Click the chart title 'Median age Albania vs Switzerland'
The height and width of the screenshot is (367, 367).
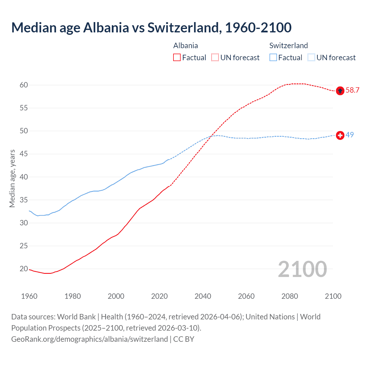click(x=151, y=28)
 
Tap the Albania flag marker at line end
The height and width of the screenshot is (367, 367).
click(x=340, y=91)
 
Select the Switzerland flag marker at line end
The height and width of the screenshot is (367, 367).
click(x=340, y=135)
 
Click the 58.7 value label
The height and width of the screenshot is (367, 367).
click(x=352, y=90)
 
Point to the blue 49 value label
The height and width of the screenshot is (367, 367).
click(x=350, y=135)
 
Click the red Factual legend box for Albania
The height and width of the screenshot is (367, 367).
click(x=177, y=58)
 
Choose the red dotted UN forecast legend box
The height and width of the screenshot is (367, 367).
click(x=215, y=58)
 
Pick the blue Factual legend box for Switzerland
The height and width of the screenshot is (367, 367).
click(x=273, y=58)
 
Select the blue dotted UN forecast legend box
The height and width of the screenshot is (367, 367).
click(x=311, y=58)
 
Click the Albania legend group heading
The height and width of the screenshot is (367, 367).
click(x=186, y=46)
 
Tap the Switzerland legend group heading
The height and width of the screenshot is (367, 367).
click(x=288, y=46)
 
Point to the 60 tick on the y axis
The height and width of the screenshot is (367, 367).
click(x=24, y=85)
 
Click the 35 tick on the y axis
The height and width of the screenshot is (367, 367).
click(x=24, y=200)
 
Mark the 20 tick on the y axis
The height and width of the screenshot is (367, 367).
click(x=24, y=269)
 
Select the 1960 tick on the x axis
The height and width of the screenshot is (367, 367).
click(x=29, y=296)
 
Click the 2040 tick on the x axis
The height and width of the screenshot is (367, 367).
click(x=203, y=296)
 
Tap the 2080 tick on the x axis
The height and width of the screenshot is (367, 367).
click(x=290, y=296)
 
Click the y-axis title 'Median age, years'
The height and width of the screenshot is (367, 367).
click(x=12, y=178)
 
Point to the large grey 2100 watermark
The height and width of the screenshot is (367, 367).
click(x=302, y=269)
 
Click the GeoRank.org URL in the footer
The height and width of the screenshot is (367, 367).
click(x=89, y=339)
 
